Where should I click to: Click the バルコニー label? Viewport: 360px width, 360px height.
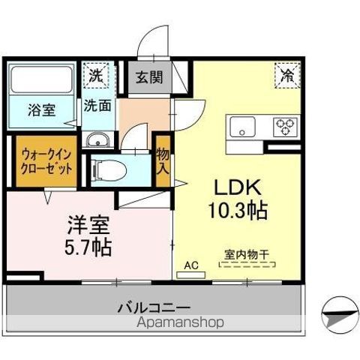point(154,307)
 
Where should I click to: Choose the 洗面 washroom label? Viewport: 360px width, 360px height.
point(97,105)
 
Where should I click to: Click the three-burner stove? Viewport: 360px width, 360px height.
point(285,125)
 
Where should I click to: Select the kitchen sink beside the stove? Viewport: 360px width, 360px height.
point(244,126)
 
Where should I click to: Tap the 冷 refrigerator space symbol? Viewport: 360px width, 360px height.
point(286,74)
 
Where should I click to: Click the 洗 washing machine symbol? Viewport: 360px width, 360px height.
point(96,74)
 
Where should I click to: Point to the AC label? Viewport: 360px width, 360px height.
point(191,265)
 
